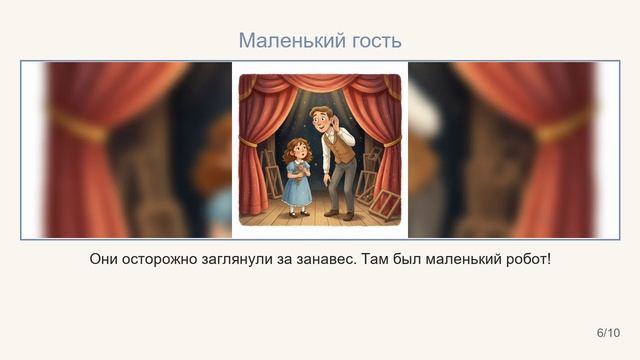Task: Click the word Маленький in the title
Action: (x=284, y=41)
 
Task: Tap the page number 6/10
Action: (x=608, y=332)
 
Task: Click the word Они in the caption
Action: (x=106, y=259)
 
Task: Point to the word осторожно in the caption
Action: (x=172, y=259)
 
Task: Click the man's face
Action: (x=322, y=121)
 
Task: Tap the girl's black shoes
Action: (x=298, y=211)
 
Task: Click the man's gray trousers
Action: (x=340, y=185)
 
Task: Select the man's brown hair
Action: (x=321, y=110)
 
